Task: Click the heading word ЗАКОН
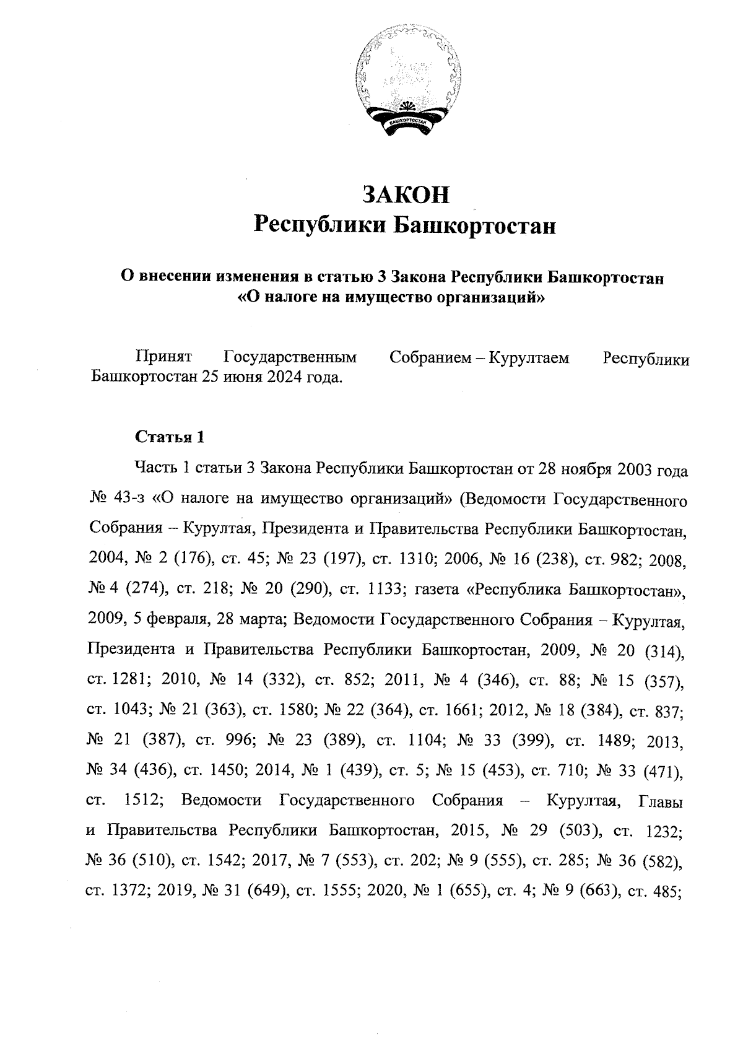click(406, 194)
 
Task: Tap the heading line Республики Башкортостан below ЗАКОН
click(406, 225)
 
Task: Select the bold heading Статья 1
click(169, 437)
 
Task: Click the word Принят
click(163, 358)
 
